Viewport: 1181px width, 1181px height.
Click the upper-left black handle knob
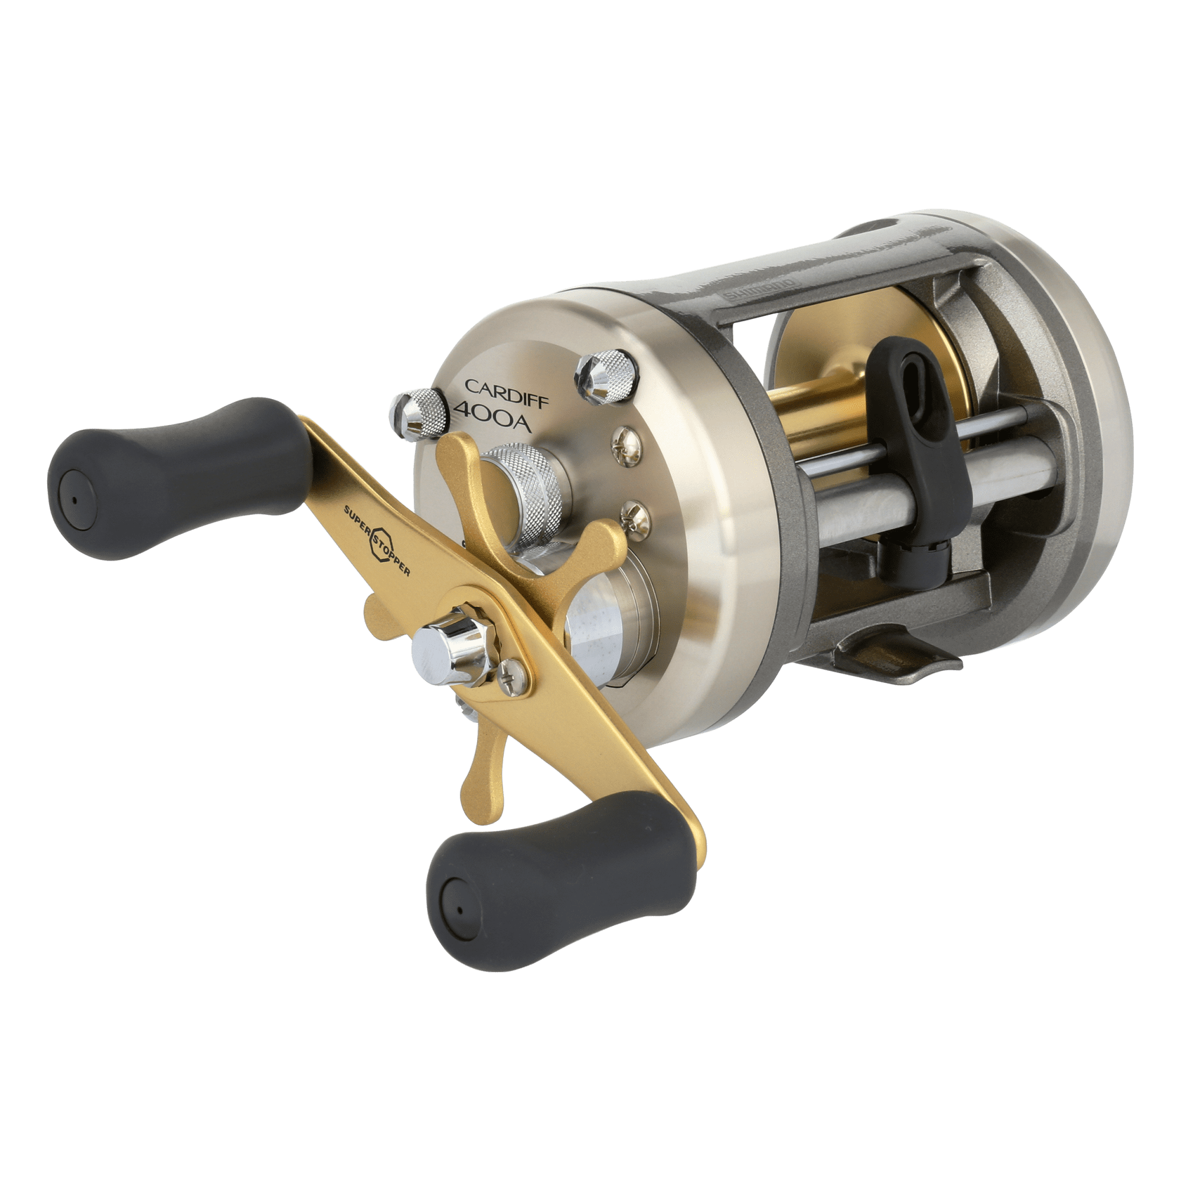pyautogui.click(x=177, y=477)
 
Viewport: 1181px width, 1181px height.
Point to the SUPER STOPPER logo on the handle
pyautogui.click(x=376, y=538)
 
